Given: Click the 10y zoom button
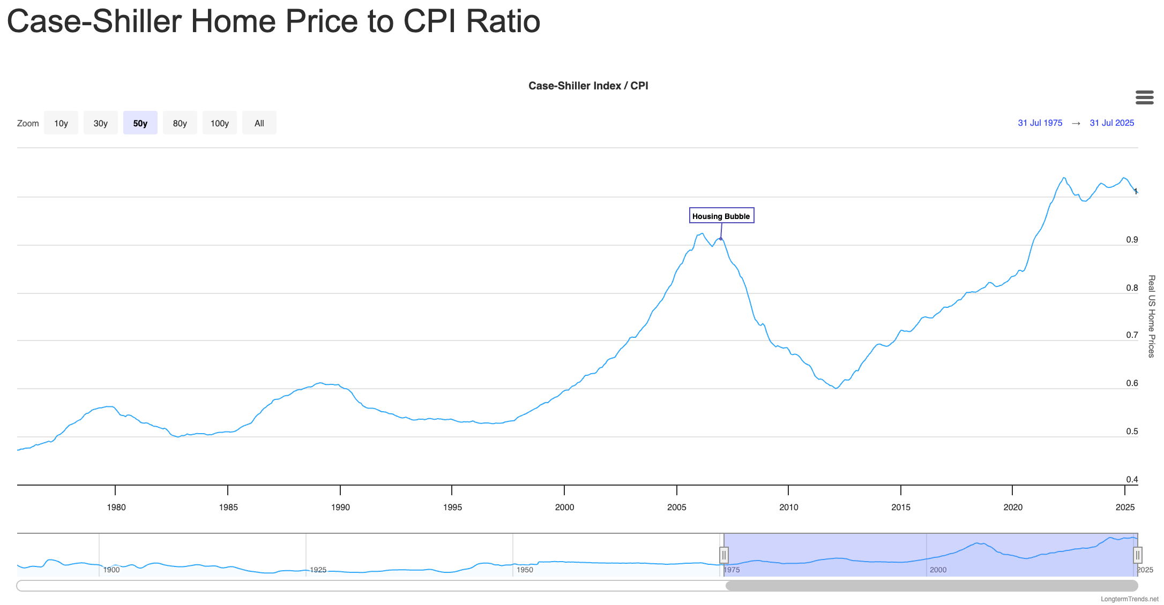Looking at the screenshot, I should (61, 123).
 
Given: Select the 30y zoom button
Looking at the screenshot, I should (101, 123).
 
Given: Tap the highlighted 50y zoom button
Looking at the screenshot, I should (140, 123).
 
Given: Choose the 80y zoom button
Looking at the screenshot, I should (180, 123).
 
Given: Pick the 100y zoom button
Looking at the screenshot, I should (220, 123).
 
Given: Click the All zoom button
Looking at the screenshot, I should (259, 123).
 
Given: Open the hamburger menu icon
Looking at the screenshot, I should (1144, 97).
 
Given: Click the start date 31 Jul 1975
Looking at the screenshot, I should (1040, 123).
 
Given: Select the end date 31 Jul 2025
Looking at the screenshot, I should (1111, 123).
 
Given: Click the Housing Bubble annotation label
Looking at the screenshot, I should (721, 216).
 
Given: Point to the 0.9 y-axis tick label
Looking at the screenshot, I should (1132, 240).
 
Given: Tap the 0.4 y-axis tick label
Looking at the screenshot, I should (1132, 480).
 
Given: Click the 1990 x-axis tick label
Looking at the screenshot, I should (340, 508).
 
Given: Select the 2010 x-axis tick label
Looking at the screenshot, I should (788, 508).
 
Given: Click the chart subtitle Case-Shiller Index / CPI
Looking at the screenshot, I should (588, 86).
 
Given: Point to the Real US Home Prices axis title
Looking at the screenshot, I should (1151, 316).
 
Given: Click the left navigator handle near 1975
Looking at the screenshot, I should (724, 555).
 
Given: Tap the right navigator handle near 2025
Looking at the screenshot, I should (1137, 555).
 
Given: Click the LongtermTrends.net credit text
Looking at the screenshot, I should (1129, 599).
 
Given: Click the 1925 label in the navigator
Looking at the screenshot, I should (318, 570).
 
